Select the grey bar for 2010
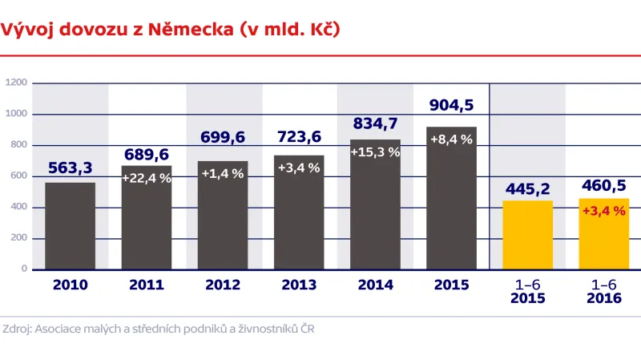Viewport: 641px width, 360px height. click(x=70, y=226)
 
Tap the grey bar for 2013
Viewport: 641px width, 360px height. click(x=299, y=212)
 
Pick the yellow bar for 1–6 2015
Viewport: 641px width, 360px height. click(x=527, y=235)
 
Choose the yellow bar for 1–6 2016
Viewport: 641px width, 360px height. click(x=603, y=233)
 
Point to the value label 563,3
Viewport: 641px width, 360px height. click(x=71, y=168)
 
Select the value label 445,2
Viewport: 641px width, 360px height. click(x=527, y=188)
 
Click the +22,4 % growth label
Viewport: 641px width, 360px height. click(x=147, y=178)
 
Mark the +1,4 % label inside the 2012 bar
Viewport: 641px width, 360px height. click(x=222, y=173)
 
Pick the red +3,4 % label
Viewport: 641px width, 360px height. click(x=603, y=212)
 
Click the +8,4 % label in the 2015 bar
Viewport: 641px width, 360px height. click(x=451, y=139)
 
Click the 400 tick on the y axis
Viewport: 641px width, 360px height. click(x=18, y=207)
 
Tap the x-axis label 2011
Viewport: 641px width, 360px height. click(x=147, y=285)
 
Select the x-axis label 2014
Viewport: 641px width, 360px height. click(x=375, y=285)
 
